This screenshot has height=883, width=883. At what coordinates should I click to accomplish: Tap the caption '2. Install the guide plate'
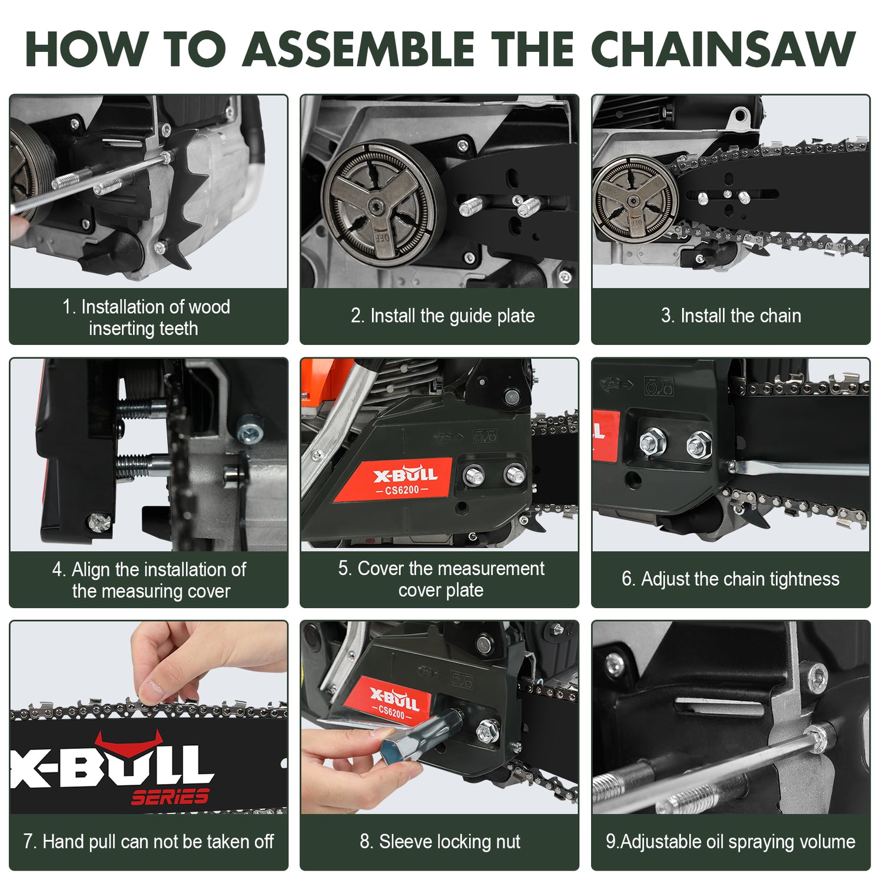pyautogui.click(x=443, y=316)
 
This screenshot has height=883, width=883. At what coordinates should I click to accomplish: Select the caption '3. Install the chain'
pyautogui.click(x=731, y=316)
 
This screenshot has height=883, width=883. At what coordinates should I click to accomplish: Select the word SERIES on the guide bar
pyautogui.click(x=170, y=797)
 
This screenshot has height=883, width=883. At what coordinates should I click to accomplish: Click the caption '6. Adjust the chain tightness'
pyautogui.click(x=731, y=579)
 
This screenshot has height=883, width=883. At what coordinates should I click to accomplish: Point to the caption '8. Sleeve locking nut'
pyautogui.click(x=440, y=842)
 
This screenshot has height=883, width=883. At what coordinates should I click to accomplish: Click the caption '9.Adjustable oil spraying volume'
pyautogui.click(x=731, y=842)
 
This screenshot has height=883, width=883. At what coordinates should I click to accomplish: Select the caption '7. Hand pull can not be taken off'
pyautogui.click(x=148, y=842)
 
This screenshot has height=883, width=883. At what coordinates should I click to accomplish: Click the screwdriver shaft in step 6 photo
pyautogui.click(x=801, y=469)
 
